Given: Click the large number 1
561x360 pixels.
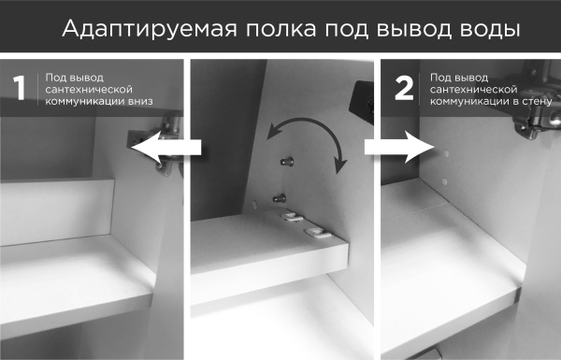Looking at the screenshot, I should tap(18, 88).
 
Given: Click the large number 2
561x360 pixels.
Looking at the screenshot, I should tap(404, 88).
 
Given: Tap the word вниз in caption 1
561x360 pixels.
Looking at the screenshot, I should tap(137, 99).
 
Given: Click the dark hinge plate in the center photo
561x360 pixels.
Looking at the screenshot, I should tap(360, 98).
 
